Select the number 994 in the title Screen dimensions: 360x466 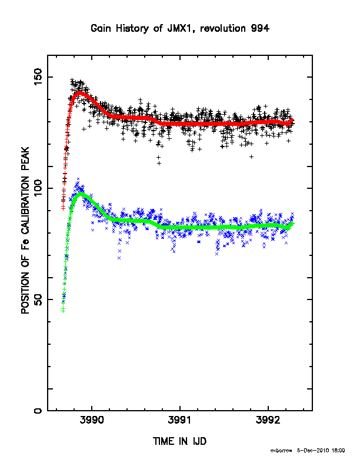tap(260, 28)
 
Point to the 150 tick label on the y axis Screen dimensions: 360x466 tap(38, 76)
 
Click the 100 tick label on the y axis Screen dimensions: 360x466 tap(38, 188)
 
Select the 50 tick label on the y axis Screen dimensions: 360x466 tap(38, 299)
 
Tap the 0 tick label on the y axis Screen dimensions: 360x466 tap(38, 411)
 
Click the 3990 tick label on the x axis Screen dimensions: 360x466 tap(92, 420)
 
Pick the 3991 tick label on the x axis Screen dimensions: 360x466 tap(179, 420)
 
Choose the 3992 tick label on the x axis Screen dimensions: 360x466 tap(268, 420)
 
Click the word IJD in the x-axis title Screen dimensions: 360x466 tap(199, 441)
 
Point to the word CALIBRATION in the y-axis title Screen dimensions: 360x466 tap(25, 205)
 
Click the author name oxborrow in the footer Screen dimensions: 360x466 tap(281, 451)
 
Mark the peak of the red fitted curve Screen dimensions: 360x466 tap(79, 92)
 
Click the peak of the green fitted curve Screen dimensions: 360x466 tap(80, 194)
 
